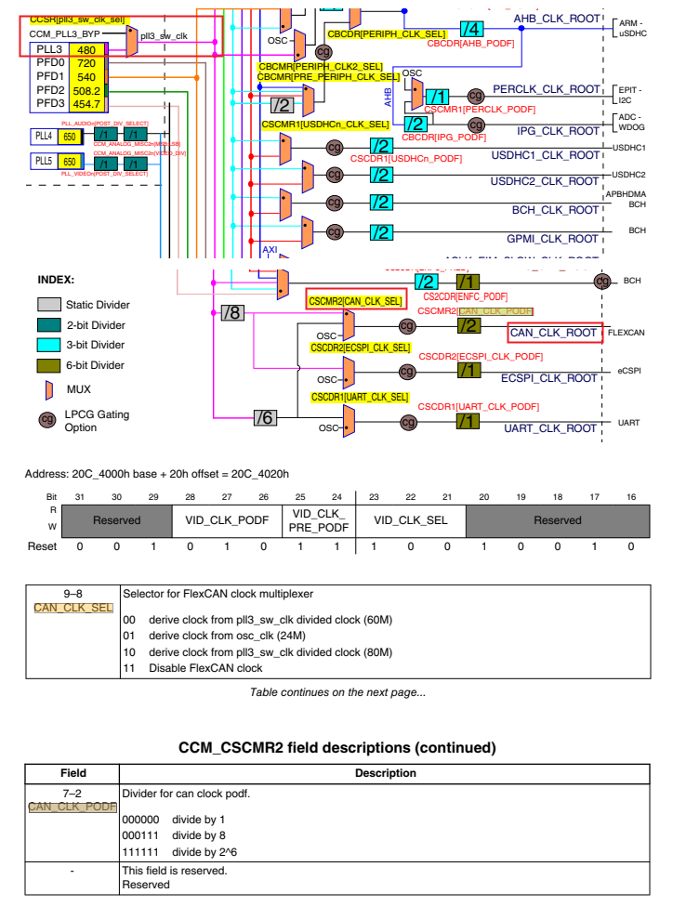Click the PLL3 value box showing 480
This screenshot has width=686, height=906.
click(86, 49)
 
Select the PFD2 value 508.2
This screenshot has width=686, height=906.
click(86, 90)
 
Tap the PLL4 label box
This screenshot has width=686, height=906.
click(43, 137)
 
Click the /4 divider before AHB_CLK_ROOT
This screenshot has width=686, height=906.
click(473, 28)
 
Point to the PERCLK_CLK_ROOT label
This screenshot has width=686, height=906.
click(547, 89)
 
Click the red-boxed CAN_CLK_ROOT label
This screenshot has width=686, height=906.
click(555, 333)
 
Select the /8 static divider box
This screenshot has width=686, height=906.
click(232, 313)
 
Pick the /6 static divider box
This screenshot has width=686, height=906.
click(266, 418)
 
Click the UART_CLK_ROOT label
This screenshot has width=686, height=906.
click(551, 428)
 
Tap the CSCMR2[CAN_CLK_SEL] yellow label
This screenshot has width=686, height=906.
click(356, 300)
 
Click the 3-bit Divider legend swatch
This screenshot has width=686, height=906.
click(48, 346)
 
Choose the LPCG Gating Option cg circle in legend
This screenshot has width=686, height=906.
click(46, 420)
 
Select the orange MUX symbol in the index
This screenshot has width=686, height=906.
click(48, 389)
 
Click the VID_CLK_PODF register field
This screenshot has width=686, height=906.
click(227, 520)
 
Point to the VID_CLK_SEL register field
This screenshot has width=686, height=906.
click(410, 520)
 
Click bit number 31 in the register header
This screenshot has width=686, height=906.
click(79, 497)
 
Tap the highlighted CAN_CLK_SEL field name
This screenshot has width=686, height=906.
click(73, 608)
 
